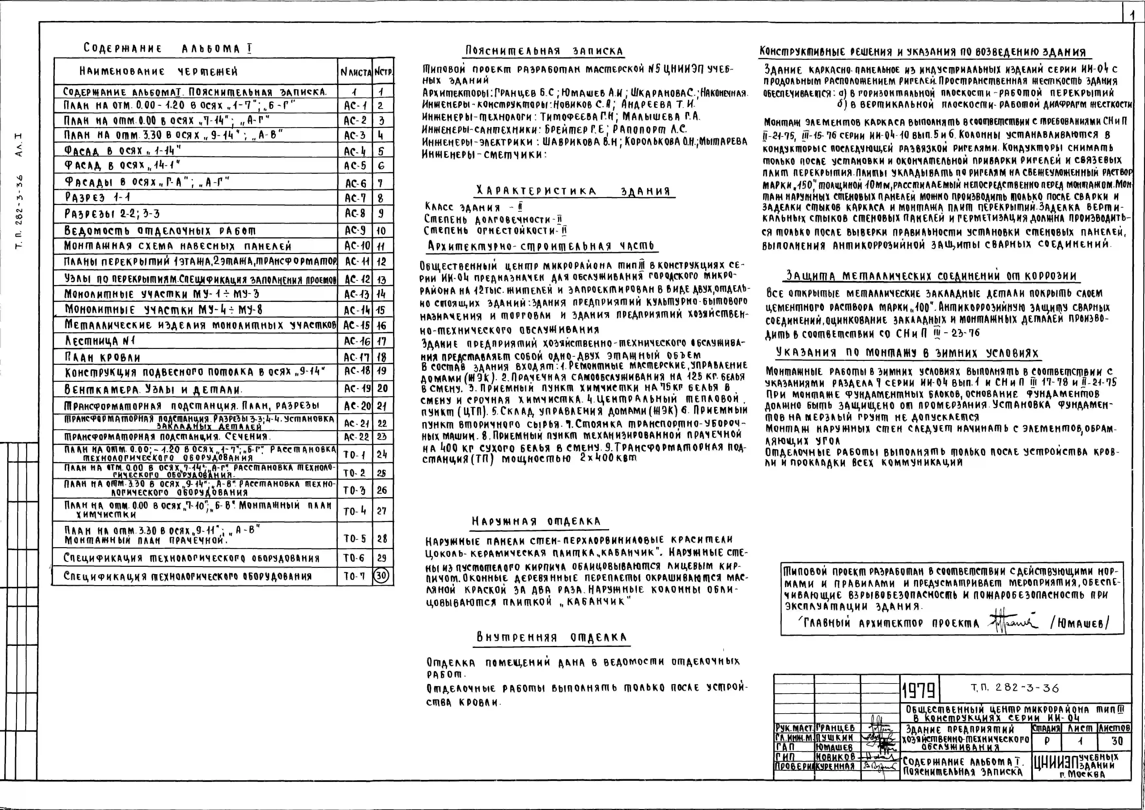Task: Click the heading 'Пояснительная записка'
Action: [544, 51]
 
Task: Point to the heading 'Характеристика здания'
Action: [573, 191]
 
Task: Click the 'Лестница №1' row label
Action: [100, 341]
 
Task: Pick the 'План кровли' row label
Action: [102, 357]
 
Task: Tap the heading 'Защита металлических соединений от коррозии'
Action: [931, 276]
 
